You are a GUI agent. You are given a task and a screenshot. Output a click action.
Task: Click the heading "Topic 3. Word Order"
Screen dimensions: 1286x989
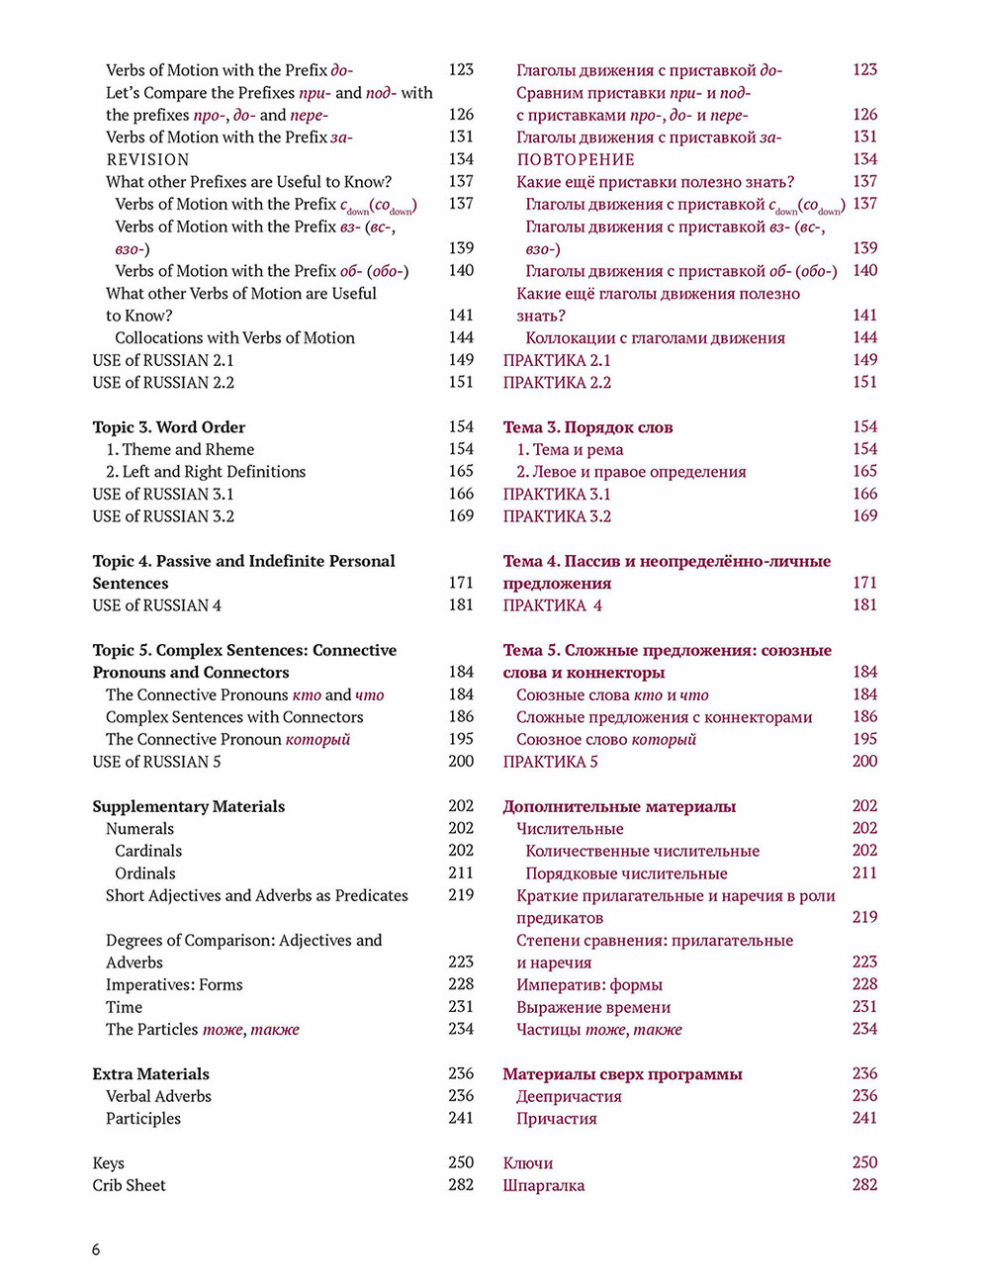coord(169,427)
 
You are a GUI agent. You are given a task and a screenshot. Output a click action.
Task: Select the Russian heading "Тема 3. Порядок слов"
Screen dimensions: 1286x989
coord(587,427)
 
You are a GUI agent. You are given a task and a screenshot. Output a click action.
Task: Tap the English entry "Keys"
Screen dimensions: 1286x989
coord(109,1163)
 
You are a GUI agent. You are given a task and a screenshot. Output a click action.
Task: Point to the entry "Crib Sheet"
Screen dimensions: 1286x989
coord(130,1185)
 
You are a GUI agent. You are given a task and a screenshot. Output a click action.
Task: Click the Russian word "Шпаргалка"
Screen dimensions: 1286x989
coord(543,1185)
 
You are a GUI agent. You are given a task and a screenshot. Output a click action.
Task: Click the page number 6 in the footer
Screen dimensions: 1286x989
coord(96,1249)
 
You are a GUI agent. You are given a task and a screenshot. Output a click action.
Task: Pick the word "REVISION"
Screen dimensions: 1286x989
coord(148,159)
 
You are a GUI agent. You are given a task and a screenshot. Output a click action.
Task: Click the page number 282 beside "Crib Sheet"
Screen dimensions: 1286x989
coord(461,1184)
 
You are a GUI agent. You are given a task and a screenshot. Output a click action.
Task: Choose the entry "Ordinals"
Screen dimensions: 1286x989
coord(145,873)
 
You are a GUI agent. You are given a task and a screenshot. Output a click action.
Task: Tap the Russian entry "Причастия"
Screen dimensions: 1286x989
coord(556,1119)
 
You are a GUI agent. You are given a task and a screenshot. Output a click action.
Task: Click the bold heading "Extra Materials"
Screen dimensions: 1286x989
coord(151,1074)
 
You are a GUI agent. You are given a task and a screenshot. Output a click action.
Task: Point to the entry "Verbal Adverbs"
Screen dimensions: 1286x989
coord(159,1096)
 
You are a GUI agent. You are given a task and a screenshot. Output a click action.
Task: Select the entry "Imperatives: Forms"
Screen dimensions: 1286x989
coord(174,985)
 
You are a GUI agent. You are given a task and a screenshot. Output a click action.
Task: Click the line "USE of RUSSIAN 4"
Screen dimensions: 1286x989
coord(157,605)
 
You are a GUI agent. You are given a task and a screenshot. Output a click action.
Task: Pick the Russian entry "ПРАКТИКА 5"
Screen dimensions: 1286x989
coord(550,762)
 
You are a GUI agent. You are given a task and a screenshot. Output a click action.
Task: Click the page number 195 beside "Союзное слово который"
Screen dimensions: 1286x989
coord(864,739)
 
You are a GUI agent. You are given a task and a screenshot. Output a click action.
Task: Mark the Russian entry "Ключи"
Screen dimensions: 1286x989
coord(528,1163)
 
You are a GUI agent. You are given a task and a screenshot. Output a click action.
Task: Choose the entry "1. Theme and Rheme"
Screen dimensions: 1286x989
coord(180,449)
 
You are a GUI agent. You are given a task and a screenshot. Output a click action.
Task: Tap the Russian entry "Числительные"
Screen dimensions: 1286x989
coord(570,829)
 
